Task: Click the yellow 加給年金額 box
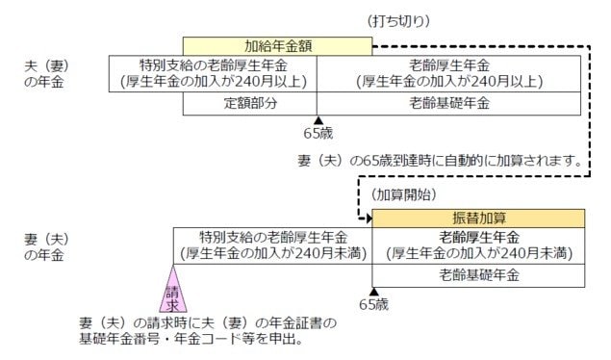(x=277, y=45)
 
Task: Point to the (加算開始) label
(x=403, y=194)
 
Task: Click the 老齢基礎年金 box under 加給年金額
(x=448, y=102)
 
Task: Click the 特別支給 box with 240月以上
(x=213, y=73)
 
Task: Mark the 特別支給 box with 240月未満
(x=272, y=245)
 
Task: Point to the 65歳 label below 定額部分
(x=317, y=132)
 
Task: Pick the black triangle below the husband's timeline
(x=317, y=117)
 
